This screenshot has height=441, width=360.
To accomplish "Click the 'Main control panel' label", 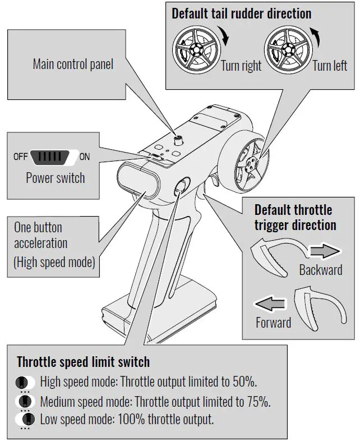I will point(73,64).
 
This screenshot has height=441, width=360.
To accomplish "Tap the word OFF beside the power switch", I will point(20,157).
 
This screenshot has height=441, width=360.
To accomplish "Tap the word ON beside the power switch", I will point(84,157).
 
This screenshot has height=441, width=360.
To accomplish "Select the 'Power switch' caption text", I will point(56,178).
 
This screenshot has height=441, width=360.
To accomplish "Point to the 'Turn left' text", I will point(330,66).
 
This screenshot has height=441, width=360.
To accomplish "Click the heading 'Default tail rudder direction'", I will point(241,13).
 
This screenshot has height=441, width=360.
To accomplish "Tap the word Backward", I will point(320,270).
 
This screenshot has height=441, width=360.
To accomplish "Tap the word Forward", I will point(273,323).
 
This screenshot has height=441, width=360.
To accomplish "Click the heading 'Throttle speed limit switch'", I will point(83,361).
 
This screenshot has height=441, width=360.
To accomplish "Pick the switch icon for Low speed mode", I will point(24,419).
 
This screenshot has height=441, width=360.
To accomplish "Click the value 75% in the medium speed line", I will point(260,401).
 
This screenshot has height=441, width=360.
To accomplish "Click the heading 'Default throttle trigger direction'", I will point(295,218).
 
